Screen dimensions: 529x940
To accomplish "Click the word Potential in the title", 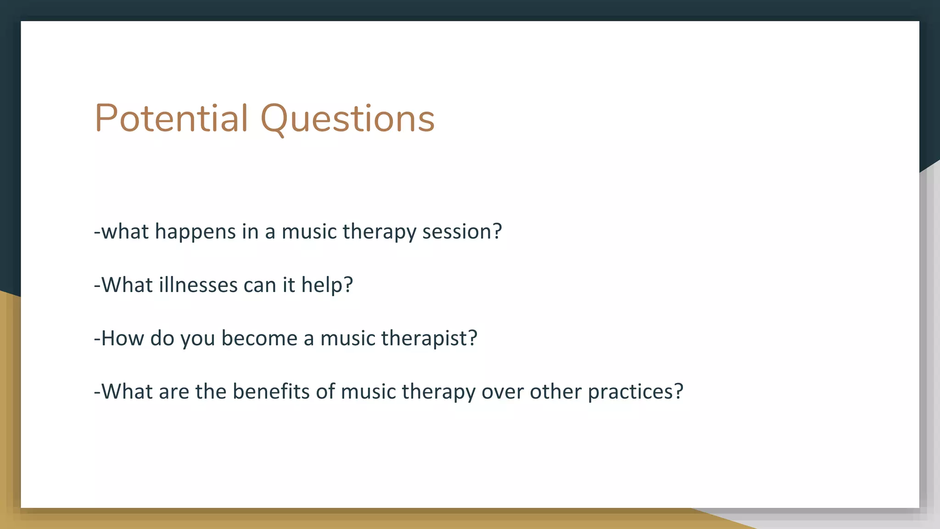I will click(171, 118).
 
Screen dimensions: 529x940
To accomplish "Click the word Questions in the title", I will click(347, 118).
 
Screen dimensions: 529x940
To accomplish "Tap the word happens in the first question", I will click(195, 232).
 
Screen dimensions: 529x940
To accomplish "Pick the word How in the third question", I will click(122, 338).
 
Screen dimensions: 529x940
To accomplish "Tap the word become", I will click(259, 338).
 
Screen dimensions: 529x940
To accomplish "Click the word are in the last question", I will click(174, 392).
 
